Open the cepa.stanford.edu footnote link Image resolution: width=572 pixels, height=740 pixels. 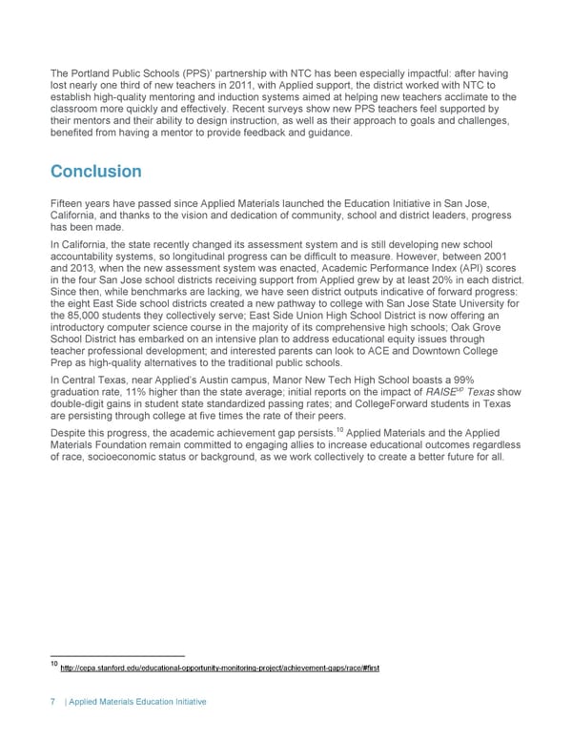[219, 667]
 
